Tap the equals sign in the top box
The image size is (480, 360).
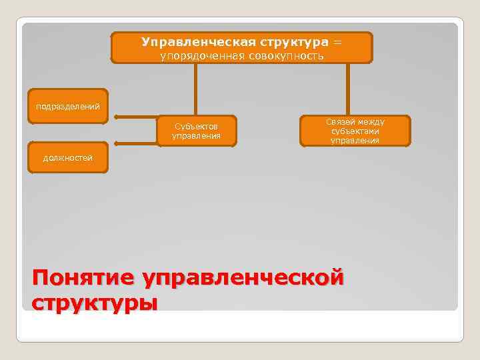click(x=337, y=42)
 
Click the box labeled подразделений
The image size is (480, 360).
click(x=67, y=106)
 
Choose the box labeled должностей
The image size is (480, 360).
click(x=67, y=158)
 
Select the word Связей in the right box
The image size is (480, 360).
click(x=340, y=122)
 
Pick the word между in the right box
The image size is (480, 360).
click(x=371, y=122)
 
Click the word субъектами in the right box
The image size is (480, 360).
click(x=355, y=131)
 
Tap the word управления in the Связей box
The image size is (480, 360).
click(x=355, y=141)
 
